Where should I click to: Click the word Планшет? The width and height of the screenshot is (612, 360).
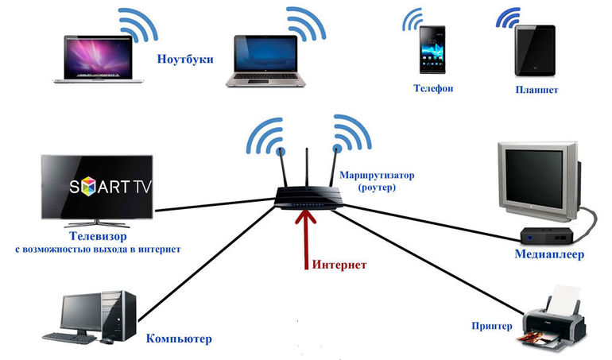tap(536, 90)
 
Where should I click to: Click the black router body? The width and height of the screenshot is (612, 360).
tap(307, 195)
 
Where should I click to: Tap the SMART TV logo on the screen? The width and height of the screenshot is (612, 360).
tap(99, 188)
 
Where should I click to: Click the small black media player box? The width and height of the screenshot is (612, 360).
tap(540, 235)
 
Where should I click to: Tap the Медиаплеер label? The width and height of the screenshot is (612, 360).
tap(548, 254)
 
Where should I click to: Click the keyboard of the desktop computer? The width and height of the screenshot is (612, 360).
tap(69, 337)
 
